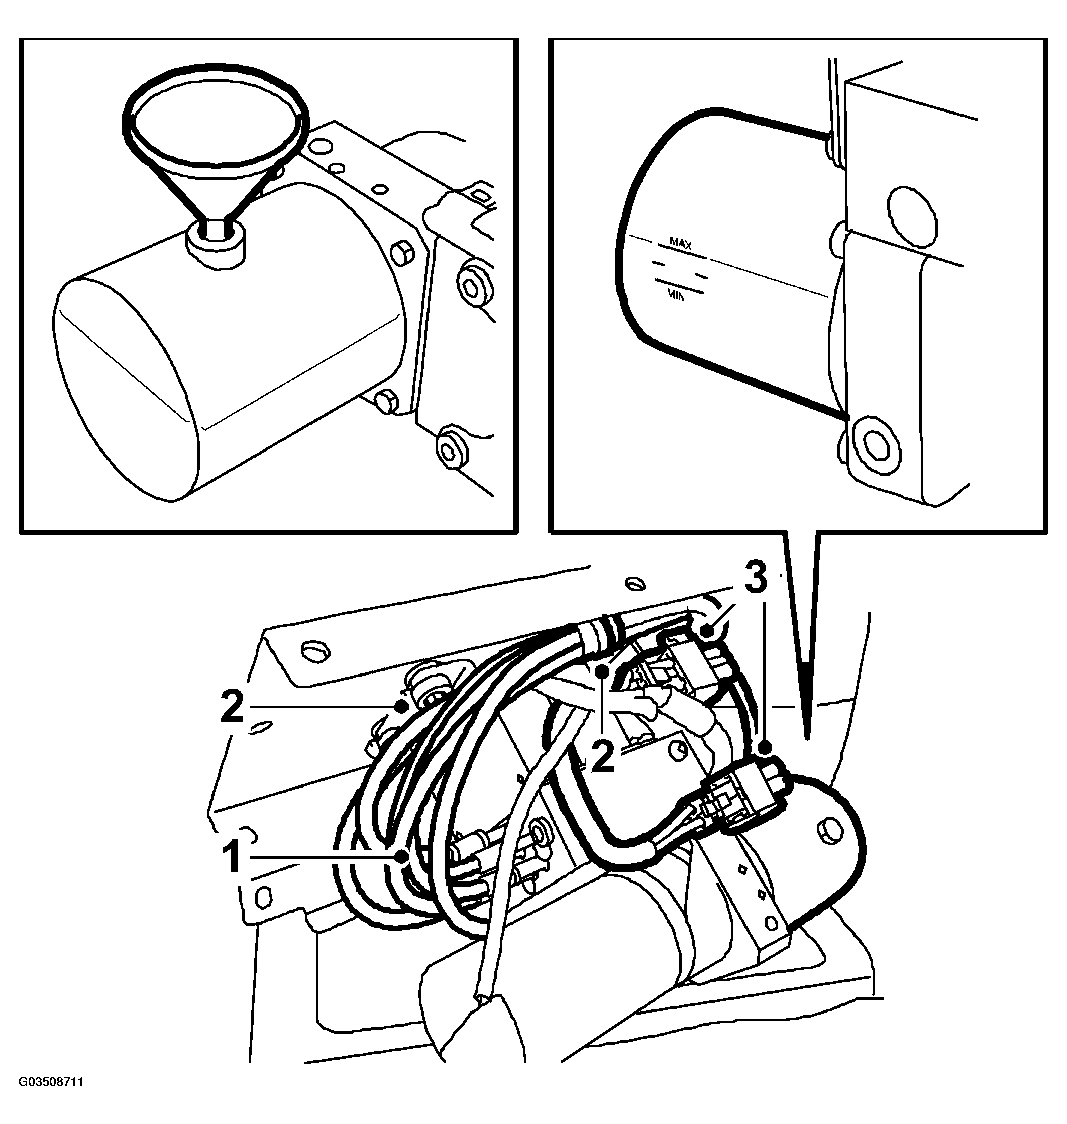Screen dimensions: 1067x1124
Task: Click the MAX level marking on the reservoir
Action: click(x=680, y=244)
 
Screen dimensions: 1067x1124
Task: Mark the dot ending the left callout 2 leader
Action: click(x=402, y=706)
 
